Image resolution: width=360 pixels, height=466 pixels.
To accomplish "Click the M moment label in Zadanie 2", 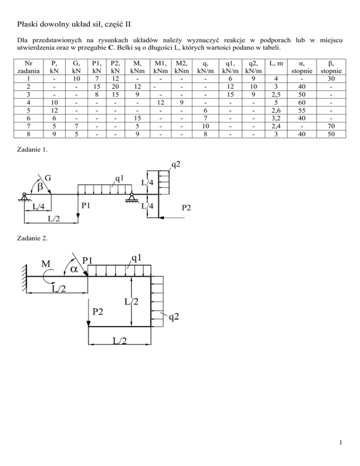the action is [x=46, y=264].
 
